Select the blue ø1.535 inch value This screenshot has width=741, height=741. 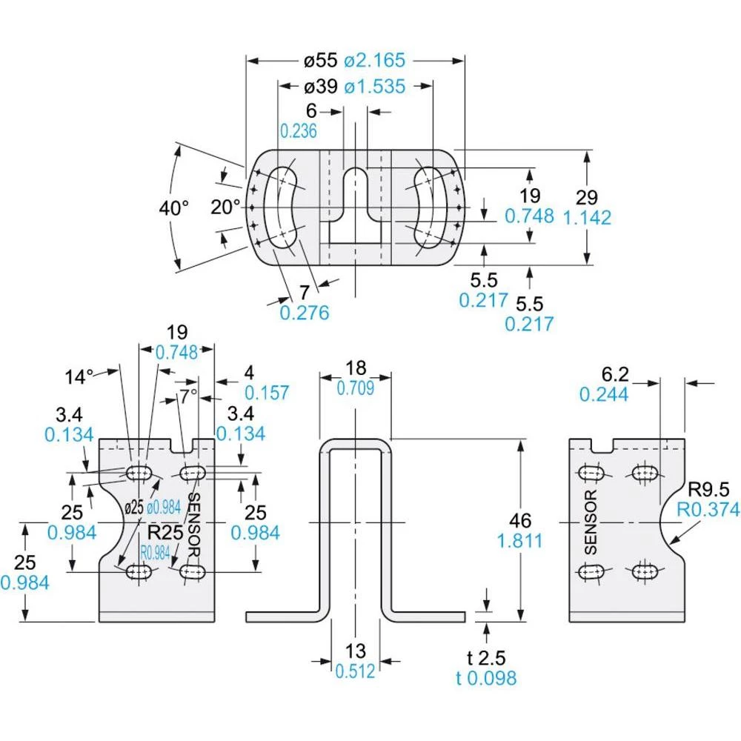tap(374, 87)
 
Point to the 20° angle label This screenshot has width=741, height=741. tap(226, 207)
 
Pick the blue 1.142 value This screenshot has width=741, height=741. tap(587, 218)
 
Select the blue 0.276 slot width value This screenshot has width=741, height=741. tap(305, 313)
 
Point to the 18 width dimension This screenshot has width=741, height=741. tap(355, 368)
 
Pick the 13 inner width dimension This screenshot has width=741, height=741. tap(356, 651)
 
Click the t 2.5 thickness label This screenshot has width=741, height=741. tap(486, 657)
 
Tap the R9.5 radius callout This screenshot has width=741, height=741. tap(708, 489)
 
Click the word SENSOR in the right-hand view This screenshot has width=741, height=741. tap(591, 522)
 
